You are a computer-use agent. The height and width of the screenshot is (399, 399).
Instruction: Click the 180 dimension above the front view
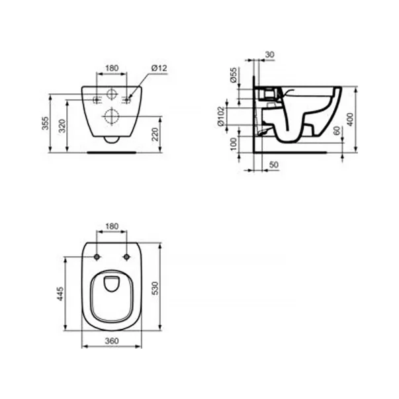pos(111,67)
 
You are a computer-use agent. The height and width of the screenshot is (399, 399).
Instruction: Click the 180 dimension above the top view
pos(111,226)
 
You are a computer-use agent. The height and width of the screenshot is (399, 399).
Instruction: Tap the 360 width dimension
pos(111,340)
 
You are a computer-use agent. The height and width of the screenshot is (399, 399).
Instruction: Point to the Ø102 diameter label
pos(235,118)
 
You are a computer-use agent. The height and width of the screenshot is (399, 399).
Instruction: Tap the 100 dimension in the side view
pos(235,144)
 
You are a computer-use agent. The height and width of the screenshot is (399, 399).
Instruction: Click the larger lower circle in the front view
pos(111,117)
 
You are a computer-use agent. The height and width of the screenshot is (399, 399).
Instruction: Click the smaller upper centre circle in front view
pos(111,94)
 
